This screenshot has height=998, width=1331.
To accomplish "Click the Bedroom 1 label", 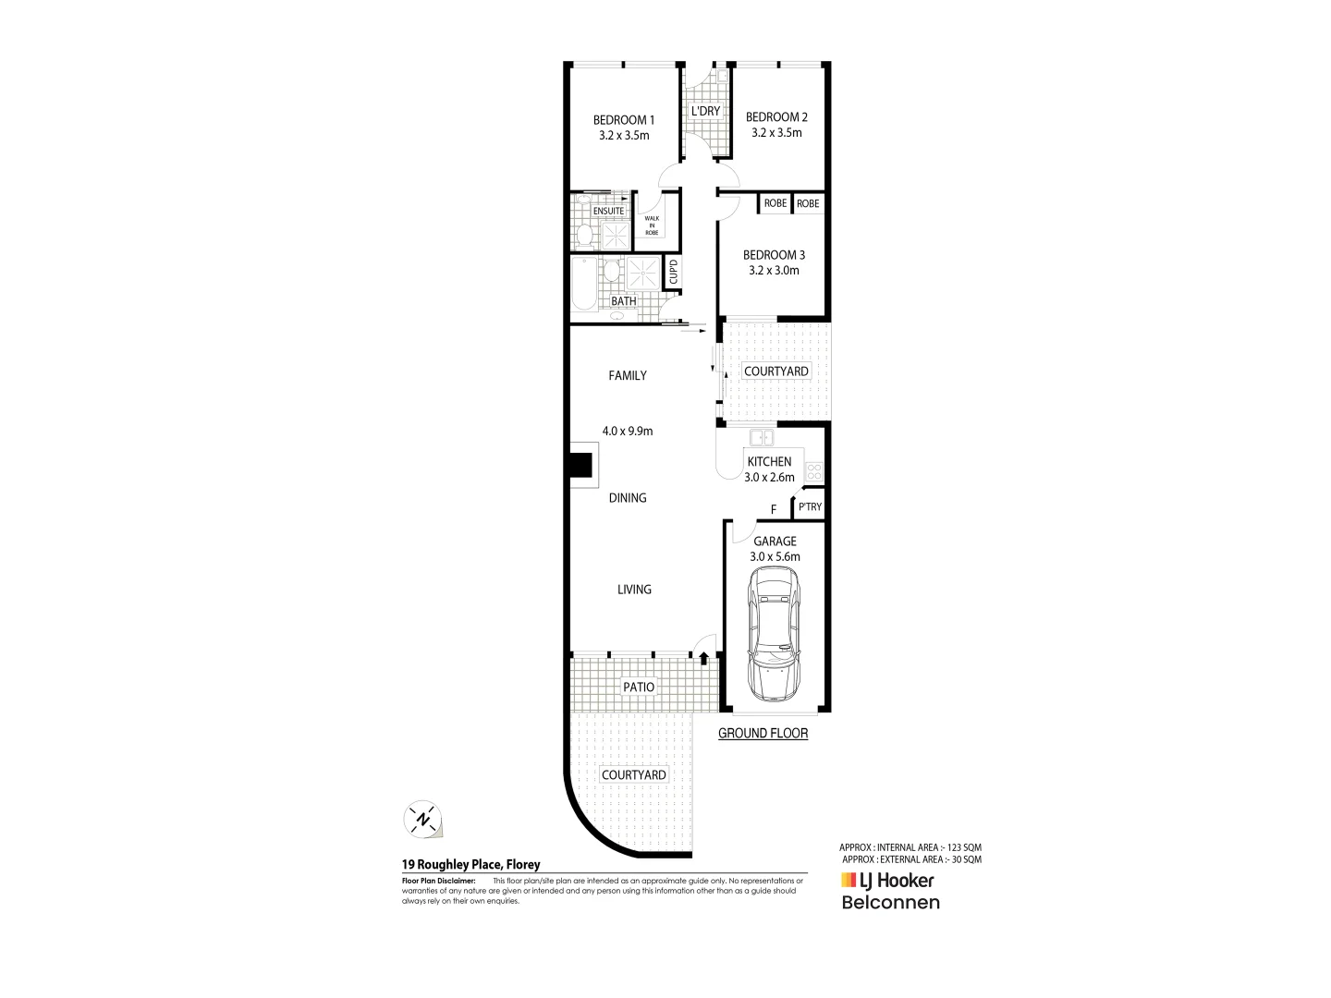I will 623,119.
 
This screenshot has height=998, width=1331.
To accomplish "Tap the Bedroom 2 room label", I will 776,117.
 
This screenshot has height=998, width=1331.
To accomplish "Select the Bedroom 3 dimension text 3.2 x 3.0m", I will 775,271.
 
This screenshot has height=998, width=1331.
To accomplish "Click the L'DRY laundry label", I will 705,112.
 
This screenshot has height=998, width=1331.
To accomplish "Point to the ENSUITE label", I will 608,212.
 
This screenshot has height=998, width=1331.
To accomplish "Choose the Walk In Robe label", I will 652,225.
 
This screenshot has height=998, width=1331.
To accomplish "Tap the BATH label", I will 624,301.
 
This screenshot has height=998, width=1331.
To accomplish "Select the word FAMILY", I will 628,375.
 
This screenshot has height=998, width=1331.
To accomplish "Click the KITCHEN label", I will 769,461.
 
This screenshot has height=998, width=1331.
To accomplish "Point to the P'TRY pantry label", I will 810,507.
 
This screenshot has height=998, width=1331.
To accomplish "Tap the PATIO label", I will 639,687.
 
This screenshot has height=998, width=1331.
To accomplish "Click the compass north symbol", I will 423,819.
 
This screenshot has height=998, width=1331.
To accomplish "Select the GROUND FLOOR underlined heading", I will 763,734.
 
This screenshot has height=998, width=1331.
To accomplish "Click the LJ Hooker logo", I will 887,881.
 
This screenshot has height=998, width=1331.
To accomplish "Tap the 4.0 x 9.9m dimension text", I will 628,431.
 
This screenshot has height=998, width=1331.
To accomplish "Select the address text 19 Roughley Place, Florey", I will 470,865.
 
